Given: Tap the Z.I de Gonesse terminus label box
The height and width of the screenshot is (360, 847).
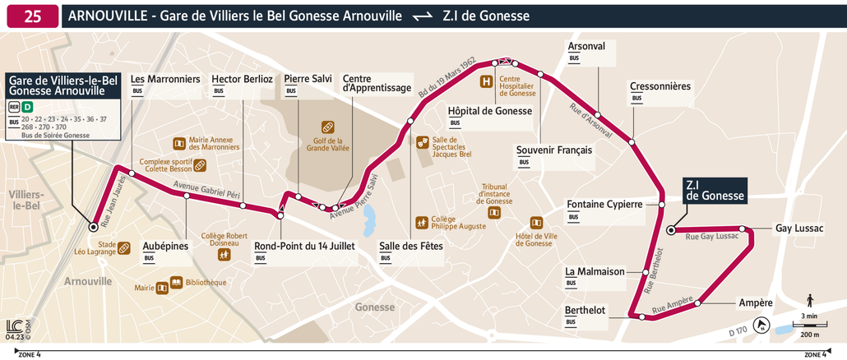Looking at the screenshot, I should [x=715, y=191].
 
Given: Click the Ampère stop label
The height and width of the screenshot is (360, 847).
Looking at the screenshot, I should [x=755, y=302].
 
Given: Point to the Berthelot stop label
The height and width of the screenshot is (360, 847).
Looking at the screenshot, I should [x=585, y=310].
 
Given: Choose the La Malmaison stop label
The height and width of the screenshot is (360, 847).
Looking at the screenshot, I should [x=595, y=271].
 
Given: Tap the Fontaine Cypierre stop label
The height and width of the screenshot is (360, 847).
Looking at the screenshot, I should [x=604, y=205].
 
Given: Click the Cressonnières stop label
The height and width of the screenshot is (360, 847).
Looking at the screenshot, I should [x=660, y=86].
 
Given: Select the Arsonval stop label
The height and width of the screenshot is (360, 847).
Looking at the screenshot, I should [x=586, y=46].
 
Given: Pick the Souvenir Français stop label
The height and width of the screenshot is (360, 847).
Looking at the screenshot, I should [x=554, y=150].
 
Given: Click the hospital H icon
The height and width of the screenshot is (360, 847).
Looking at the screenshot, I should [x=487, y=81].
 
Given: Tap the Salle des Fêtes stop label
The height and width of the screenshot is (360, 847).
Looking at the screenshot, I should [x=410, y=246].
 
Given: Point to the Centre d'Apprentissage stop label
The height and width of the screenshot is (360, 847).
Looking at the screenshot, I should [x=376, y=82].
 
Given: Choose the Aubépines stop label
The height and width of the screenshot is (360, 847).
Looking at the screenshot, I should [x=165, y=246].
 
